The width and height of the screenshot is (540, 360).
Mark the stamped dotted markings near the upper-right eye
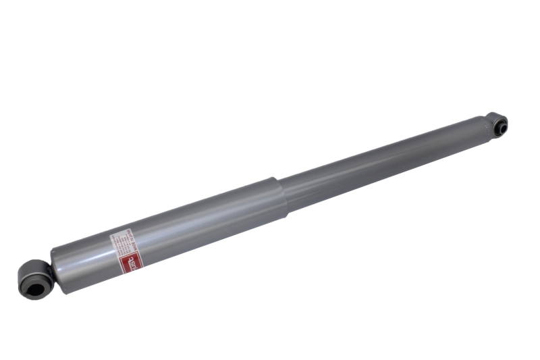[x=483, y=125]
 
